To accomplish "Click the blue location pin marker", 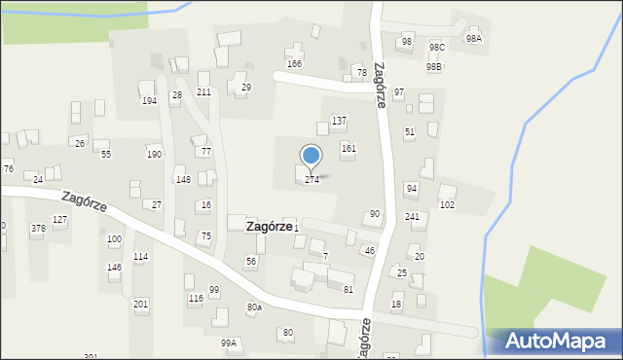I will pos(311,156).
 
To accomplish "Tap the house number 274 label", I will pos(311,180).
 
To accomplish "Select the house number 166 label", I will pos(294,63).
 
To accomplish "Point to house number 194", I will pos(149,101).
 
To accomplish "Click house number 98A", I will pos(473,39).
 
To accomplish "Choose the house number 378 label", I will pos(38,229).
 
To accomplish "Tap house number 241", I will pos(413,217).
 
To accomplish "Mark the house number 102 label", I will pos(447,205).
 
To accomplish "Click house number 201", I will pos(141,305).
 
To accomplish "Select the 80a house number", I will pos(254,307).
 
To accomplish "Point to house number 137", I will pos(339,121).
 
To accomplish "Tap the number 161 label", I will pos(348,148).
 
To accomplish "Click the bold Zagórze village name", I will pos(269,226).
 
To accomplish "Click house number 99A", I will pos(229,342).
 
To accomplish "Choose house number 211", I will pos(203,92).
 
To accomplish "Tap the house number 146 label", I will pos(114,267).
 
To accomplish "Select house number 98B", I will pos(433,66).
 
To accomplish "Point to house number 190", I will pos(154,155).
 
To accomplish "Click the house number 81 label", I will pos(348,289).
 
